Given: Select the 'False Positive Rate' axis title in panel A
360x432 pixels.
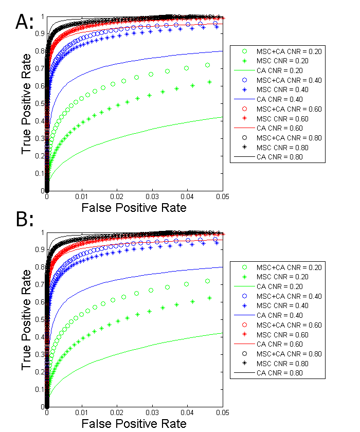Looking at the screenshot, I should tap(134, 208).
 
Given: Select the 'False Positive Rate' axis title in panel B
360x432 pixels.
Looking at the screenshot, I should tap(134, 423).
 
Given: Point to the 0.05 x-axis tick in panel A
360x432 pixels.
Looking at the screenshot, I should tap(223, 196).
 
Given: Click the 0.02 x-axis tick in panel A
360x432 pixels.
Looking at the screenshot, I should tap(117, 196).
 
